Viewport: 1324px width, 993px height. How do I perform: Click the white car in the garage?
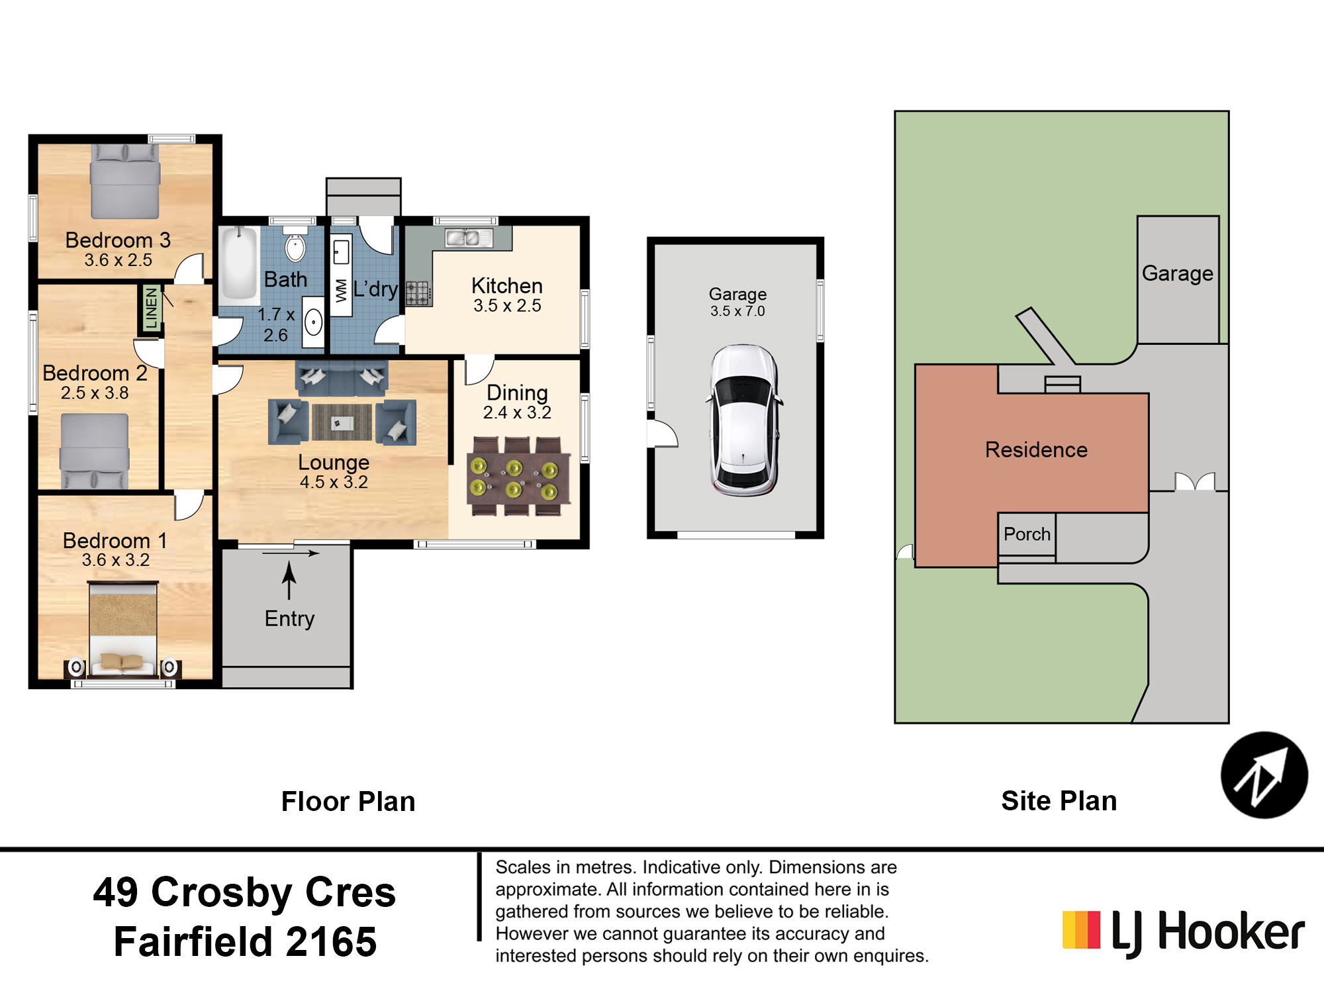click(x=744, y=420)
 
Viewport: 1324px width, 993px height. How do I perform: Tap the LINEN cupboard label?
click(x=152, y=308)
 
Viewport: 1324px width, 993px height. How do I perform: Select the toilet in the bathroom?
click(x=295, y=245)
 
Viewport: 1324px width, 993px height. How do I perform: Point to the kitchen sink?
click(x=469, y=237)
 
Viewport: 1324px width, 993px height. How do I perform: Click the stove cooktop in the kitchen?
click(x=418, y=293)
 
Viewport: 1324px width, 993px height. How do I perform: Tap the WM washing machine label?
click(x=341, y=291)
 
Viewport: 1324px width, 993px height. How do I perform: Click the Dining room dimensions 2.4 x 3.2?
click(x=517, y=412)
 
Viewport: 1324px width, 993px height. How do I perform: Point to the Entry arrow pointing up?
click(x=289, y=581)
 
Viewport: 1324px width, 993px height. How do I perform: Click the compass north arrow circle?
click(x=1264, y=775)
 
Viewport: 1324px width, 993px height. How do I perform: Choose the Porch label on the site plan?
click(x=1027, y=534)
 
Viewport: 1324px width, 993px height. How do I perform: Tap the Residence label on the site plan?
click(x=1036, y=449)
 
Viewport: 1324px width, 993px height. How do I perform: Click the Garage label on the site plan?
click(x=1178, y=273)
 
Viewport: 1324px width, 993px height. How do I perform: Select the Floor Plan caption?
click(x=348, y=801)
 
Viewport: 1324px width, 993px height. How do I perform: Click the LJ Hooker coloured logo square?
click(x=1082, y=929)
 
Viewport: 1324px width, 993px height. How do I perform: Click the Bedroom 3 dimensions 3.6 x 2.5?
click(x=118, y=260)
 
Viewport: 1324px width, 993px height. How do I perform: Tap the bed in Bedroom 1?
click(x=123, y=629)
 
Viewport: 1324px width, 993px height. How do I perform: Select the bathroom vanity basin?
click(x=313, y=322)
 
